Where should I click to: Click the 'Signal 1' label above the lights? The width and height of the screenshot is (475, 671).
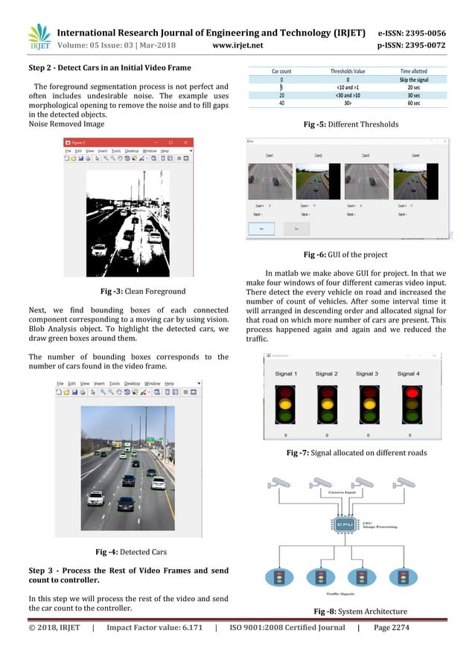click(x=285, y=373)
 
